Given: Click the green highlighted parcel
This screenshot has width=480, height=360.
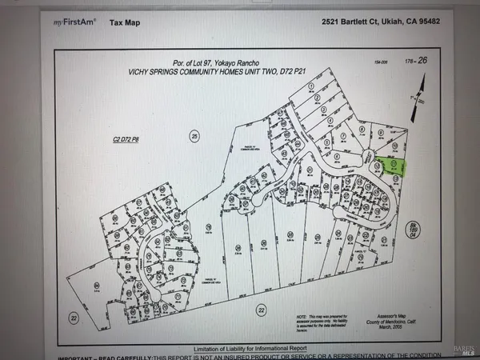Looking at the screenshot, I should (x=391, y=166).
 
